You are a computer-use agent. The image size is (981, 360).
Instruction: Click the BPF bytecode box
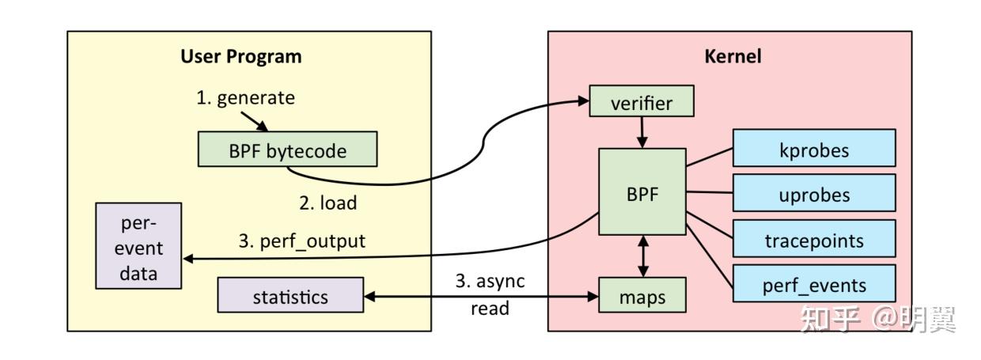coord(287,150)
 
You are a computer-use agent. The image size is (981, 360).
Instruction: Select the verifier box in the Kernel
coord(642,103)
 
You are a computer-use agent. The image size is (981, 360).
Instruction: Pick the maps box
coord(642,297)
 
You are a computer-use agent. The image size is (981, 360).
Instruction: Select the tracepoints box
coord(814,239)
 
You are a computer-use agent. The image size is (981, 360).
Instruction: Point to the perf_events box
coord(814,284)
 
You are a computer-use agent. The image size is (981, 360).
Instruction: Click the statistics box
coord(290,297)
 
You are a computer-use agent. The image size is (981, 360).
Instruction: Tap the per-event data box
coord(138,247)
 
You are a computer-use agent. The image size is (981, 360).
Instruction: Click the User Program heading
coord(241,57)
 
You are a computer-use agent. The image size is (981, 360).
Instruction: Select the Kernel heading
coord(733,57)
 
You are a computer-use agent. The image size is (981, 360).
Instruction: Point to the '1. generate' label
coord(245,98)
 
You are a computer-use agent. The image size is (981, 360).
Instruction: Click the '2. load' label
coord(328,203)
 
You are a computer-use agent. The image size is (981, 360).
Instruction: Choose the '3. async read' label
coord(490,294)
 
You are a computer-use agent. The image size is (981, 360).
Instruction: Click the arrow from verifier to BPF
coord(642,131)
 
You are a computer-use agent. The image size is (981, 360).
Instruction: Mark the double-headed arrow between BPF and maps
coord(642,256)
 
